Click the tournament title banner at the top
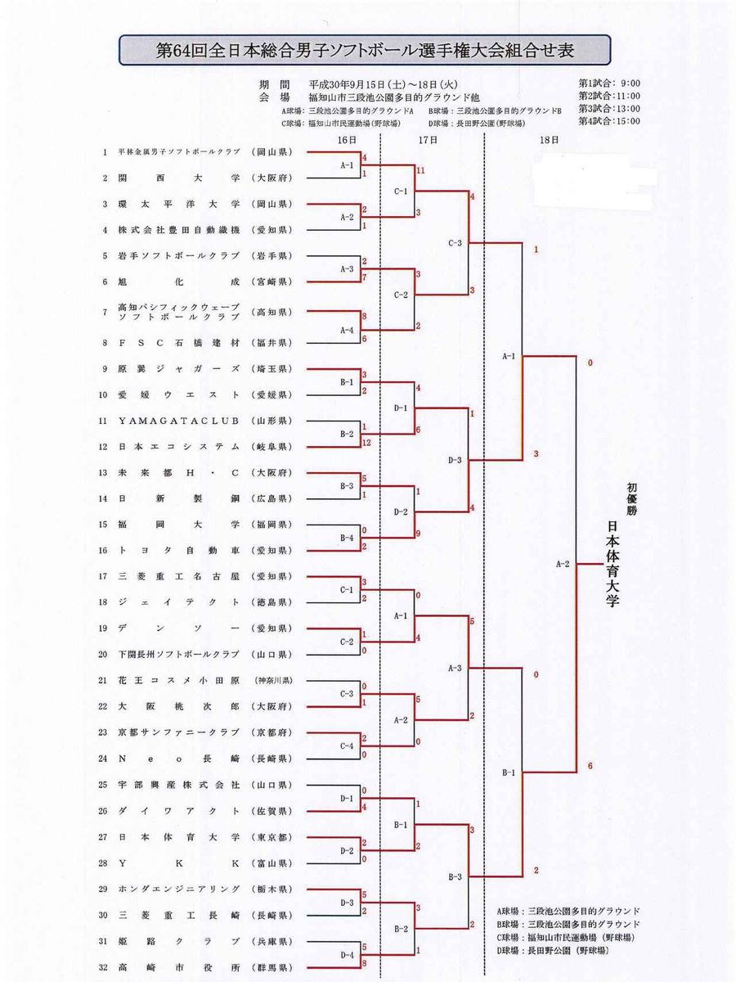pyautogui.click(x=365, y=51)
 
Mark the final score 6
pyautogui.click(x=590, y=767)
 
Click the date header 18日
pyautogui.click(x=550, y=140)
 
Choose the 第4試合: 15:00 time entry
pyautogui.click(x=609, y=121)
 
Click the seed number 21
pyautogui.click(x=104, y=680)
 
